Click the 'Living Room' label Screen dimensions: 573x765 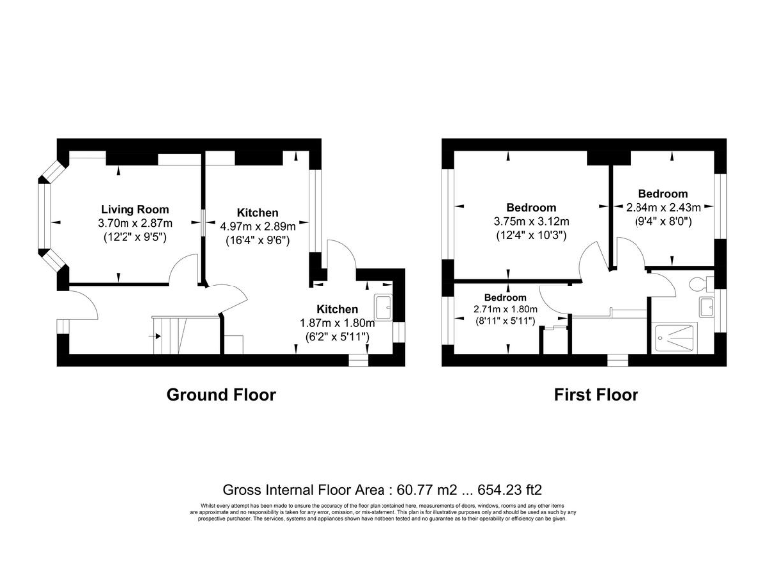[x=134, y=208]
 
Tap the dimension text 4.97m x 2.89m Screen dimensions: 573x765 [x=257, y=227]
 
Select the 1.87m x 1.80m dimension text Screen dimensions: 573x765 [x=336, y=323]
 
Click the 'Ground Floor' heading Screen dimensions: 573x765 [x=220, y=395]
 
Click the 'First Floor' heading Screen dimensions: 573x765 [x=596, y=395]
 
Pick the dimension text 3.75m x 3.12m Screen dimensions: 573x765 [x=531, y=221]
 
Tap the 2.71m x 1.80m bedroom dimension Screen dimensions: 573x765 [x=505, y=310]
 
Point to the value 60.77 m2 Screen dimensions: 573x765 [x=397, y=489]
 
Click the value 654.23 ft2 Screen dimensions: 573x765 [x=508, y=489]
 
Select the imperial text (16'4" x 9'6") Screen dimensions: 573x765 [x=257, y=240]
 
